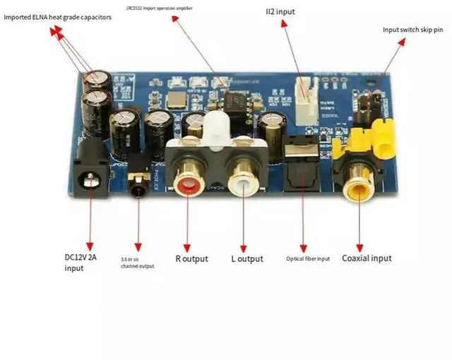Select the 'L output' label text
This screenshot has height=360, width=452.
click(x=247, y=258)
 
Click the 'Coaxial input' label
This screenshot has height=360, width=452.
click(x=367, y=258)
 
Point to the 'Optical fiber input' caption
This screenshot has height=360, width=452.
click(x=308, y=258)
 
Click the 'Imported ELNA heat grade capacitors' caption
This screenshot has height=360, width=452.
click(x=58, y=17)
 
